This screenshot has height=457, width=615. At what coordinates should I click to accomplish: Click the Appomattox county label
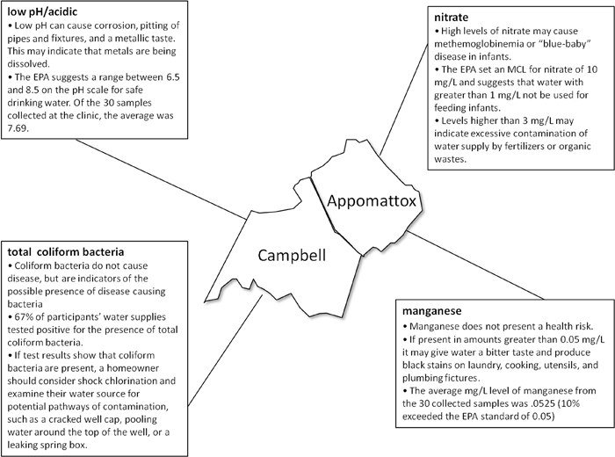[372, 201]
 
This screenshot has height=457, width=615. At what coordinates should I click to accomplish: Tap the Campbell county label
[292, 256]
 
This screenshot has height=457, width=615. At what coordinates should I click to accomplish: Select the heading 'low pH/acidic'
[42, 11]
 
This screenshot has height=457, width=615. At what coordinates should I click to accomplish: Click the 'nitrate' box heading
[451, 18]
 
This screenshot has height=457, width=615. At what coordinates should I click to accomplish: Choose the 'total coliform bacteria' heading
[66, 252]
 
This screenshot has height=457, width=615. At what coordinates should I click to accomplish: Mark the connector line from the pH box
[160, 179]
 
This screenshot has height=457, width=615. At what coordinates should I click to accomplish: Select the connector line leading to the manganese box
[476, 265]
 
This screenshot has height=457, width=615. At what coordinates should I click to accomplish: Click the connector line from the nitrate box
[404, 99]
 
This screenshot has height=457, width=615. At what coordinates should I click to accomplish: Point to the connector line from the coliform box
[225, 351]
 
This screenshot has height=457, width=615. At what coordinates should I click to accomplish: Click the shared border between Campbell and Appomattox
[336, 217]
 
